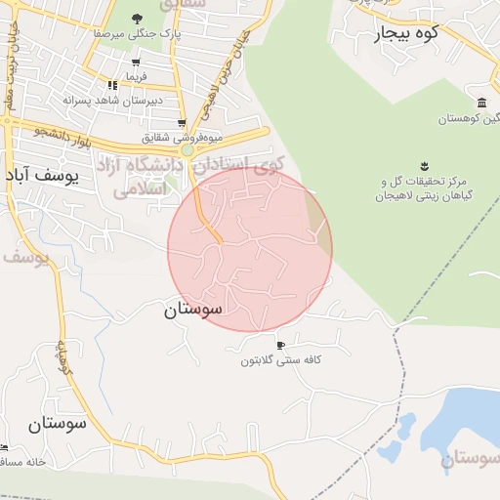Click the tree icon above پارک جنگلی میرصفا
pyautogui.click(x=137, y=19)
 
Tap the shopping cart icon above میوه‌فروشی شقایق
pyautogui.click(x=182, y=123)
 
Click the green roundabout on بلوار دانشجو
pyautogui.click(x=187, y=150)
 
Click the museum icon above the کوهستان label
pyautogui.click(x=482, y=103)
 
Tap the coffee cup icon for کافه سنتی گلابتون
pyautogui.click(x=281, y=346)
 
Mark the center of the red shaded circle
pyautogui.click(x=250, y=248)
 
